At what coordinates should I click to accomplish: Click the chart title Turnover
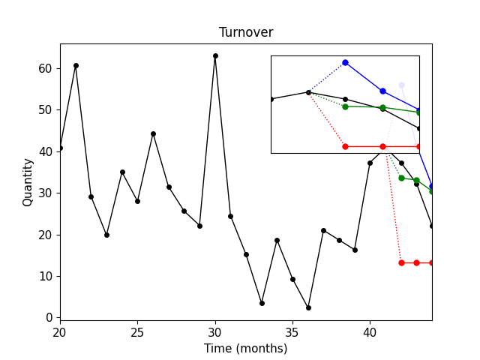point(245,32)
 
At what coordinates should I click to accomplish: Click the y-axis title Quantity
point(28,181)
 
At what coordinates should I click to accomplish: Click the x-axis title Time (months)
point(245,348)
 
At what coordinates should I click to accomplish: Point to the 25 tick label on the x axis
point(137,331)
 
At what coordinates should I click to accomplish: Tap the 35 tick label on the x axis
point(292,331)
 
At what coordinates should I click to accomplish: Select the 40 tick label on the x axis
point(370,331)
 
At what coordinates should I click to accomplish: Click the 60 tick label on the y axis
point(45,68)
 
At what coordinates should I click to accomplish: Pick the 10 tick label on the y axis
point(45,276)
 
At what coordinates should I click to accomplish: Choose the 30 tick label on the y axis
point(45,193)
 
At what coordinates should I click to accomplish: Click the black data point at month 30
point(215,55)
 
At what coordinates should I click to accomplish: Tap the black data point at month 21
point(76,65)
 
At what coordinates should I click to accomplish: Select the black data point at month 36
point(308,307)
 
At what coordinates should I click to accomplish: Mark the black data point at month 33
point(262,303)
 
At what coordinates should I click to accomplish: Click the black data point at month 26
point(153,133)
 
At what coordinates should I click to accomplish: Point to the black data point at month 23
point(106,235)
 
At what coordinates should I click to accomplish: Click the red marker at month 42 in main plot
point(401,262)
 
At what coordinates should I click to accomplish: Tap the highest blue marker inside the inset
point(345,62)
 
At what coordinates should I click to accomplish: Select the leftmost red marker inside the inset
point(345,146)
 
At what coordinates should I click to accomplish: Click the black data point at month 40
point(370,163)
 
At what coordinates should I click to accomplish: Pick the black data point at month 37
point(323,230)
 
